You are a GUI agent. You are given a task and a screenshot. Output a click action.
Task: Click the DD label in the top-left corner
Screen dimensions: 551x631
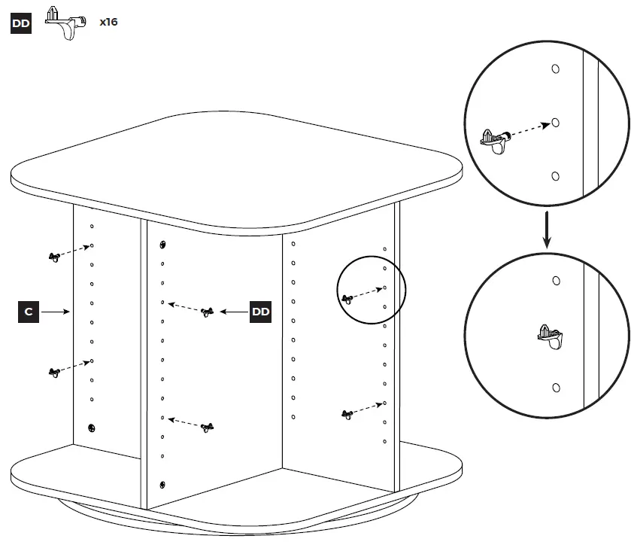pyautogui.click(x=20, y=23)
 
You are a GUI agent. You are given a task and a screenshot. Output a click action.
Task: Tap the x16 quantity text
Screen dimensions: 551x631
pyautogui.click(x=108, y=23)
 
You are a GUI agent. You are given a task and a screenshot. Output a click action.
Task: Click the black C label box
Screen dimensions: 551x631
pyautogui.click(x=28, y=311)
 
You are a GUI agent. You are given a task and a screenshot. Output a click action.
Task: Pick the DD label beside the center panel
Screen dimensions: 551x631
pyautogui.click(x=260, y=312)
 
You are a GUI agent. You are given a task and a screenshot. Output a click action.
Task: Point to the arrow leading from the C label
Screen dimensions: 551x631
pyautogui.click(x=56, y=311)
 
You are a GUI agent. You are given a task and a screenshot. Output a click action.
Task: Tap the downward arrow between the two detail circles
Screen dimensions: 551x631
pyautogui.click(x=548, y=230)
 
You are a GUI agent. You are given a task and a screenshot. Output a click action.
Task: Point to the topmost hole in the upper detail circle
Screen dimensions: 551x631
pyautogui.click(x=555, y=68)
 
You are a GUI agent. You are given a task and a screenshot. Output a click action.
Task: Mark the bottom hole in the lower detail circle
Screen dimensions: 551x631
pyautogui.click(x=555, y=388)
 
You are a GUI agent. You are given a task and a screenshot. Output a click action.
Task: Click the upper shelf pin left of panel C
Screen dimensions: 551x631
pyautogui.click(x=54, y=257)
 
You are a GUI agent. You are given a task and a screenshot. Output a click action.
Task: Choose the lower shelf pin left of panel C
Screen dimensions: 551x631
pyautogui.click(x=54, y=373)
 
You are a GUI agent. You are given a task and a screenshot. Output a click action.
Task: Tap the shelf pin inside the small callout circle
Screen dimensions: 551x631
pyautogui.click(x=347, y=299)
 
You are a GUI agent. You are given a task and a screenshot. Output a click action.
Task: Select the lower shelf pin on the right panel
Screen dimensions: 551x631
pyautogui.click(x=347, y=414)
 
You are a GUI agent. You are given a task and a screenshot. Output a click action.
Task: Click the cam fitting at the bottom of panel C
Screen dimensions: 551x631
pyautogui.click(x=91, y=428)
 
